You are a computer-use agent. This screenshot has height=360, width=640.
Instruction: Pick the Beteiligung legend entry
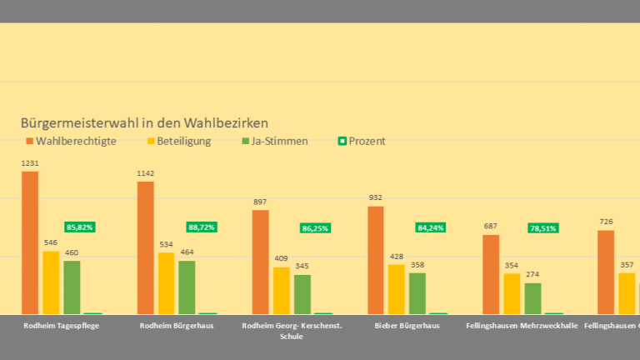(x=178, y=141)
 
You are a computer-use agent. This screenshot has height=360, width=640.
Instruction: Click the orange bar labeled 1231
(x=30, y=242)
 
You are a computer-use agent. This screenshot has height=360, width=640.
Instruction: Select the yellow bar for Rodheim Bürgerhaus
(x=166, y=282)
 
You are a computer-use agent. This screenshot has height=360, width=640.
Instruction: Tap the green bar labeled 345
(x=302, y=293)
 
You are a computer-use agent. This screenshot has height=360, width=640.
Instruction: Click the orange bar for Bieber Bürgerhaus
(x=376, y=259)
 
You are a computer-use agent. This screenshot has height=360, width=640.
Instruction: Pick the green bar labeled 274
(x=532, y=297)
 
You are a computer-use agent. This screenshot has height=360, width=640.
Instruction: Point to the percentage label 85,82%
(x=80, y=227)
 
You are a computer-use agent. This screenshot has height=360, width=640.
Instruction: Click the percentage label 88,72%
(x=201, y=227)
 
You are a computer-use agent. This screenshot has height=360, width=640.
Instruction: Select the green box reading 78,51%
(x=542, y=227)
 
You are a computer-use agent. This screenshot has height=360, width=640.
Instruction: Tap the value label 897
(x=260, y=202)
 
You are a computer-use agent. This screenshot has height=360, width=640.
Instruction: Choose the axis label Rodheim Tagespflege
(x=62, y=326)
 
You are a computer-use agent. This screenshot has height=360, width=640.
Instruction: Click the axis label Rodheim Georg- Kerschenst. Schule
(x=291, y=331)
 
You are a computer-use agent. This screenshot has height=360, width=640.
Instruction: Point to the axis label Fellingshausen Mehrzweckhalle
(x=522, y=326)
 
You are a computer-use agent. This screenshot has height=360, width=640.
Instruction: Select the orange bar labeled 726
(x=606, y=272)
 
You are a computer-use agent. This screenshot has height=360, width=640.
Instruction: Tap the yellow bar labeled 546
(x=51, y=282)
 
